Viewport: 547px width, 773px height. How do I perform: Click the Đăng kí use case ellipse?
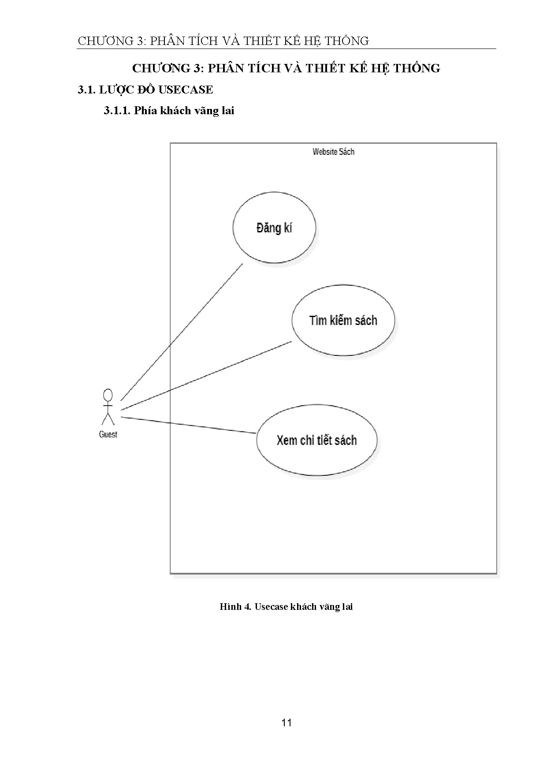274,228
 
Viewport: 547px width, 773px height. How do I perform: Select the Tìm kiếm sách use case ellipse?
343,320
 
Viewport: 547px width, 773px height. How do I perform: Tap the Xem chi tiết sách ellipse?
316,440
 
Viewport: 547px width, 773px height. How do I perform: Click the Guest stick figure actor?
108,407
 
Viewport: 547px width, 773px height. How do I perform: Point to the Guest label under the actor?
108,434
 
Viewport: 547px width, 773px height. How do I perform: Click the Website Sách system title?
333,152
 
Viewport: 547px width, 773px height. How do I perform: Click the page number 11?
287,723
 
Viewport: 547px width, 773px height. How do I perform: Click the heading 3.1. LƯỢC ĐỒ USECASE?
145,90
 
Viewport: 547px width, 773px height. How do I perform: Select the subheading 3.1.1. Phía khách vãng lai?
169,111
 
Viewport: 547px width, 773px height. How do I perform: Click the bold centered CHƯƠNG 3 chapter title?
286,68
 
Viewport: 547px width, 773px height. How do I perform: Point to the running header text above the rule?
223,41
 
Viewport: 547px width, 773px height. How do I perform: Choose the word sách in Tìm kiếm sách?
366,320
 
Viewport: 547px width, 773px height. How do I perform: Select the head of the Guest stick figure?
108,395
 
